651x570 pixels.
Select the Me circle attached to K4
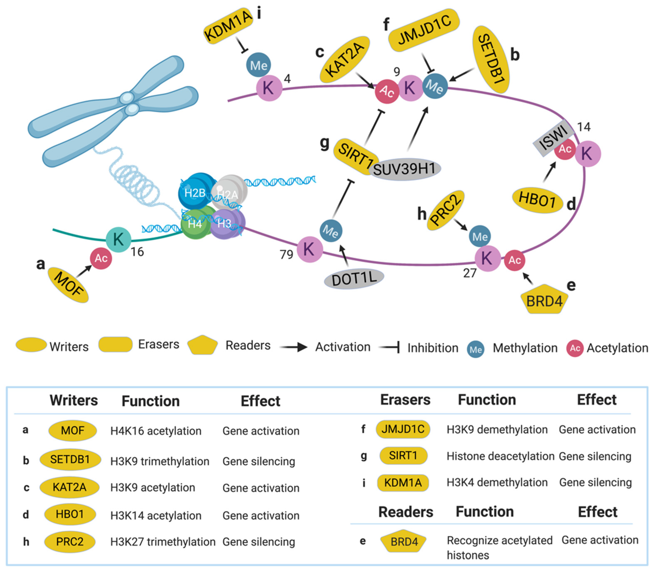[258, 65]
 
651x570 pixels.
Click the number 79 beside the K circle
[286, 255]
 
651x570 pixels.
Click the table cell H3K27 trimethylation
[163, 542]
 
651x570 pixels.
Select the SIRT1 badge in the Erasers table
[403, 456]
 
